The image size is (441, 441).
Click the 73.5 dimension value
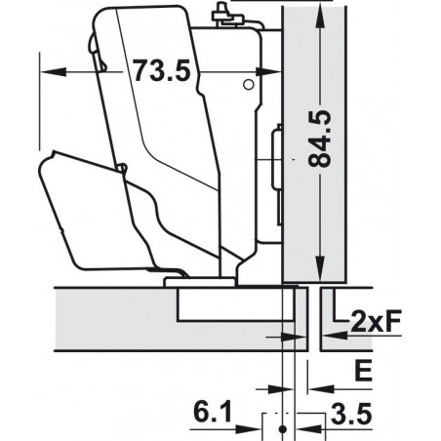tap(162, 70)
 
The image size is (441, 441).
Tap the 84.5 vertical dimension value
tap(320, 140)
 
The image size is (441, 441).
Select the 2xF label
tap(376, 321)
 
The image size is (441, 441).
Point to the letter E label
tap(363, 372)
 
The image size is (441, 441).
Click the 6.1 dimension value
tap(213, 412)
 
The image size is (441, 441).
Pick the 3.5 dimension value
tap(351, 414)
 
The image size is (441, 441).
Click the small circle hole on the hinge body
tap(249, 85)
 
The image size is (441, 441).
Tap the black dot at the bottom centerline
tap(283, 429)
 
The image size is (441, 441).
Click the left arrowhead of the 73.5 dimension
tap(52, 71)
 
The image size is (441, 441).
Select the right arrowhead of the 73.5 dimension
tap(269, 71)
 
